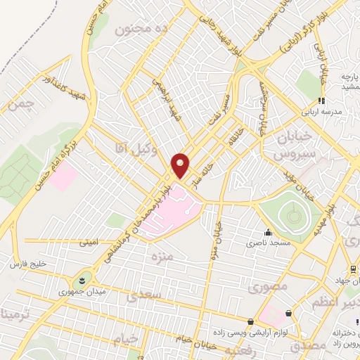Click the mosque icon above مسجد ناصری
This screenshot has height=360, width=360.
267,233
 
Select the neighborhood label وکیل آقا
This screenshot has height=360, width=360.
128,146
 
